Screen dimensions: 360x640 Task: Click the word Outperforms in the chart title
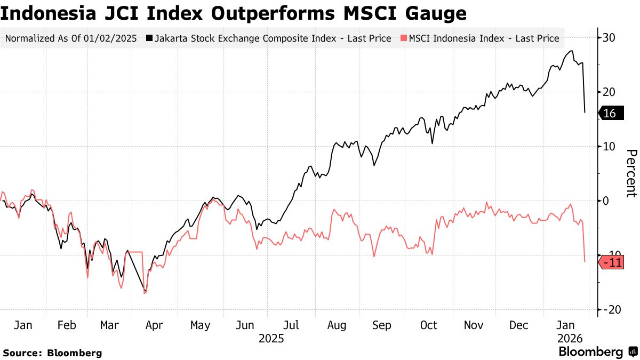pyautogui.click(x=277, y=13)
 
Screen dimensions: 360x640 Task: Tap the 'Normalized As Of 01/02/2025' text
pyautogui.click(x=71, y=38)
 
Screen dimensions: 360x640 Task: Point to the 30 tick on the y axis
pyautogui.click(x=610, y=38)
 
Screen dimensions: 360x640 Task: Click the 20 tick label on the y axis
pyautogui.click(x=610, y=92)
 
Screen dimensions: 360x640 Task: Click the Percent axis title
pyautogui.click(x=631, y=173)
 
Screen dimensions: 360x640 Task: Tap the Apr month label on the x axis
pyautogui.click(x=154, y=325)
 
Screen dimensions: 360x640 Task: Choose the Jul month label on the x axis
pyautogui.click(x=291, y=325)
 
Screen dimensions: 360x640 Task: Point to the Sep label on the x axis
pyautogui.click(x=382, y=325)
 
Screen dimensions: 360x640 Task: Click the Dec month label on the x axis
pyautogui.click(x=518, y=325)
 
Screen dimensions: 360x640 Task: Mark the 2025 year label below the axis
pyautogui.click(x=271, y=339)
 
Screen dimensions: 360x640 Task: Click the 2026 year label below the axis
pyautogui.click(x=567, y=339)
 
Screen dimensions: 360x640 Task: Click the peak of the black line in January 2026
pyautogui.click(x=572, y=51)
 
